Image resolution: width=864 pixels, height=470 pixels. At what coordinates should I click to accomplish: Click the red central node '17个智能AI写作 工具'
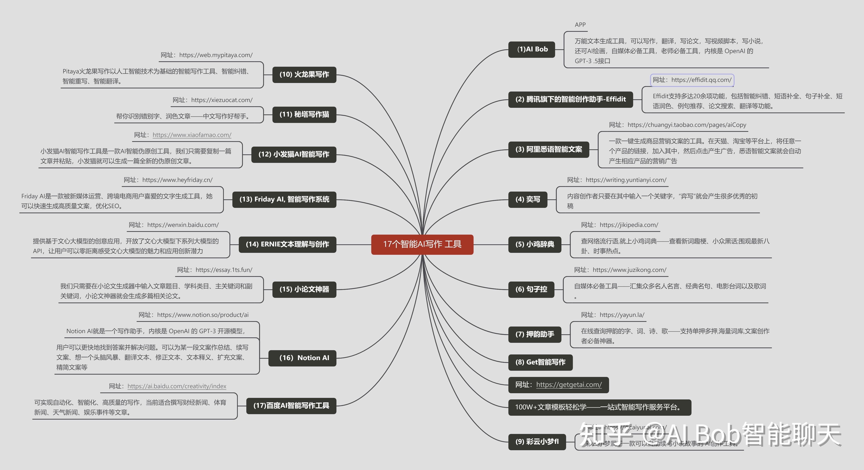click(x=422, y=244)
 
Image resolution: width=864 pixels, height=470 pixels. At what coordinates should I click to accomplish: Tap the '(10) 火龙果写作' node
click(x=304, y=74)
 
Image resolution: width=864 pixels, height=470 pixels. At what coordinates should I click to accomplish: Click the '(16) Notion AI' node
click(x=302, y=358)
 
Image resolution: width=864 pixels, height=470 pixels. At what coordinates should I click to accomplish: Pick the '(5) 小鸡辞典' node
click(x=535, y=244)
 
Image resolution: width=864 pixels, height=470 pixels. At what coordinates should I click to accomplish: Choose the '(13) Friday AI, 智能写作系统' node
click(x=284, y=199)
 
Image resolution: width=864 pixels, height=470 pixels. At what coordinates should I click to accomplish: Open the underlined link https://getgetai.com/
click(x=569, y=385)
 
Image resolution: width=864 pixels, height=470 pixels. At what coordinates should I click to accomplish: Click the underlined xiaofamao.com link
click(x=192, y=135)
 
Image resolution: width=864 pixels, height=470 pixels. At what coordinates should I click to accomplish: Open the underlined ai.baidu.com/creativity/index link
click(x=177, y=386)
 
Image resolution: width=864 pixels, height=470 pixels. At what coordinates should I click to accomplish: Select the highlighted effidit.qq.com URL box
click(x=692, y=80)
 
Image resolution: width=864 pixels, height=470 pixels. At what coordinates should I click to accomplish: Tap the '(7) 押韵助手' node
click(x=535, y=334)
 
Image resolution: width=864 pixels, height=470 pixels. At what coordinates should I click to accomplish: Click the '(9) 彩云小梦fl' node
click(x=537, y=441)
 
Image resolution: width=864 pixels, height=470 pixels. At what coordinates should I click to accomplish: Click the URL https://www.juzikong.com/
click(x=629, y=270)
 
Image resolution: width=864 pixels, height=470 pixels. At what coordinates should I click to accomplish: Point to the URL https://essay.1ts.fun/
click(x=224, y=270)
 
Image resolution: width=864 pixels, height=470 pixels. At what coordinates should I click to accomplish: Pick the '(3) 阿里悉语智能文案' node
click(x=548, y=149)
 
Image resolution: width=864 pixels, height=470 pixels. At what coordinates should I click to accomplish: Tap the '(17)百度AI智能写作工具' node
click(x=291, y=406)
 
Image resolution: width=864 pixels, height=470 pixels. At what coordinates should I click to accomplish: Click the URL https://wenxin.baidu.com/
click(x=183, y=225)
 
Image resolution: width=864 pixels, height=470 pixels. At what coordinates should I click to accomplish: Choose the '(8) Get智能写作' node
click(x=540, y=362)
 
